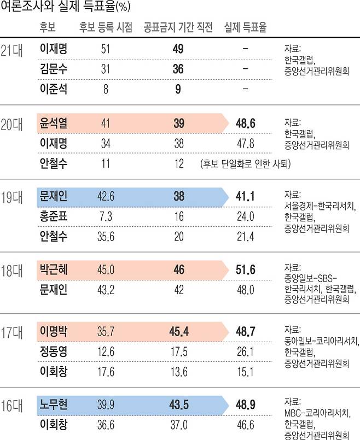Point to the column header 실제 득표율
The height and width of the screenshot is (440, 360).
(x=245, y=28)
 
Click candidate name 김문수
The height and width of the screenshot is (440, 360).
(x=54, y=69)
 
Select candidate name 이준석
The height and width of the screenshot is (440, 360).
(x=54, y=89)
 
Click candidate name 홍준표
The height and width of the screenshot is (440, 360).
(x=54, y=216)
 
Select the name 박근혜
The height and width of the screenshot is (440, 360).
(x=54, y=268)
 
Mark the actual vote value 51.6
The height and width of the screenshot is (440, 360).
(x=245, y=268)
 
